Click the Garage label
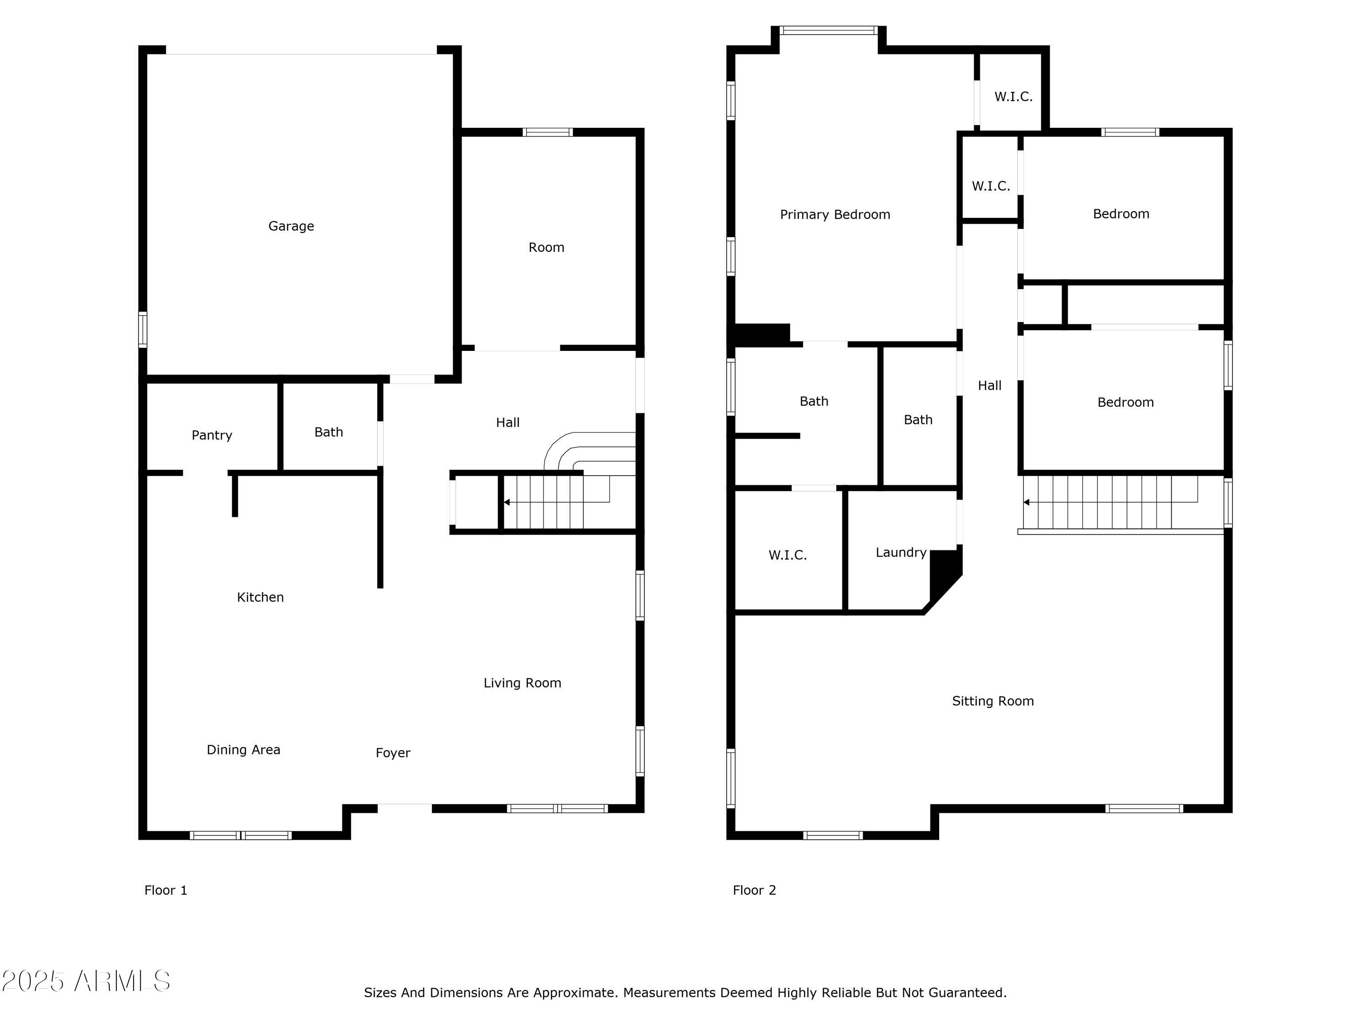(x=291, y=226)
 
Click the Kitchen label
(x=260, y=597)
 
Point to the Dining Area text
(x=243, y=750)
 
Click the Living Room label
(x=522, y=683)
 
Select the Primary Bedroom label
(x=835, y=214)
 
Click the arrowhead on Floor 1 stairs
(x=507, y=502)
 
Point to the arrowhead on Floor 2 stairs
(x=1026, y=502)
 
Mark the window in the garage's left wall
(x=143, y=330)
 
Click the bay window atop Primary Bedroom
(x=828, y=30)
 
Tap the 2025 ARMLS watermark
(x=86, y=981)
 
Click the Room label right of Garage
(x=546, y=247)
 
